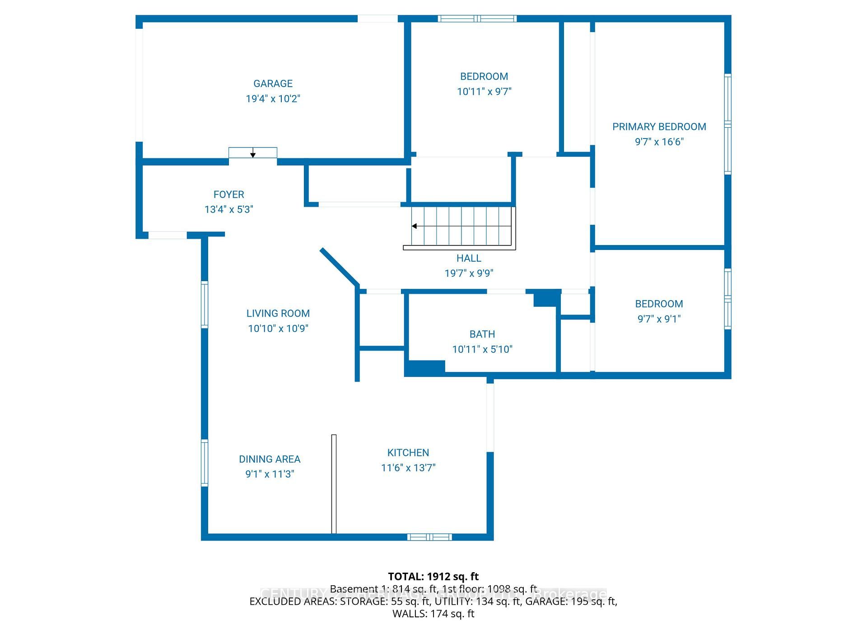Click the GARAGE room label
[x=273, y=83]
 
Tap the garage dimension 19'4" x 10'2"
[x=273, y=99]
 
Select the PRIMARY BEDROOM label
[x=659, y=127]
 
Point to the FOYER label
[x=228, y=194]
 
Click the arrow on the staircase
[x=415, y=226]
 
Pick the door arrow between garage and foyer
[x=253, y=153]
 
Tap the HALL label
[x=469, y=258]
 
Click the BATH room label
[x=482, y=334]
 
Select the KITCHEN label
[x=408, y=453]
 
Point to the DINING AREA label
[x=270, y=459]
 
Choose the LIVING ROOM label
[x=278, y=313]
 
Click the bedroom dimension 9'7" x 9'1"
[x=659, y=319]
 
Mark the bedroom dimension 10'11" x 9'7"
[x=484, y=92]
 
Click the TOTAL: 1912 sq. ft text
[x=433, y=577]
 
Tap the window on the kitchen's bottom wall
[x=429, y=537]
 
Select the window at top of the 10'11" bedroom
[x=477, y=19]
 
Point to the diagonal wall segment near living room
[x=340, y=267]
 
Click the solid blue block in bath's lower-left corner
[x=425, y=368]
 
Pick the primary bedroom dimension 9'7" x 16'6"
[x=659, y=142]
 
